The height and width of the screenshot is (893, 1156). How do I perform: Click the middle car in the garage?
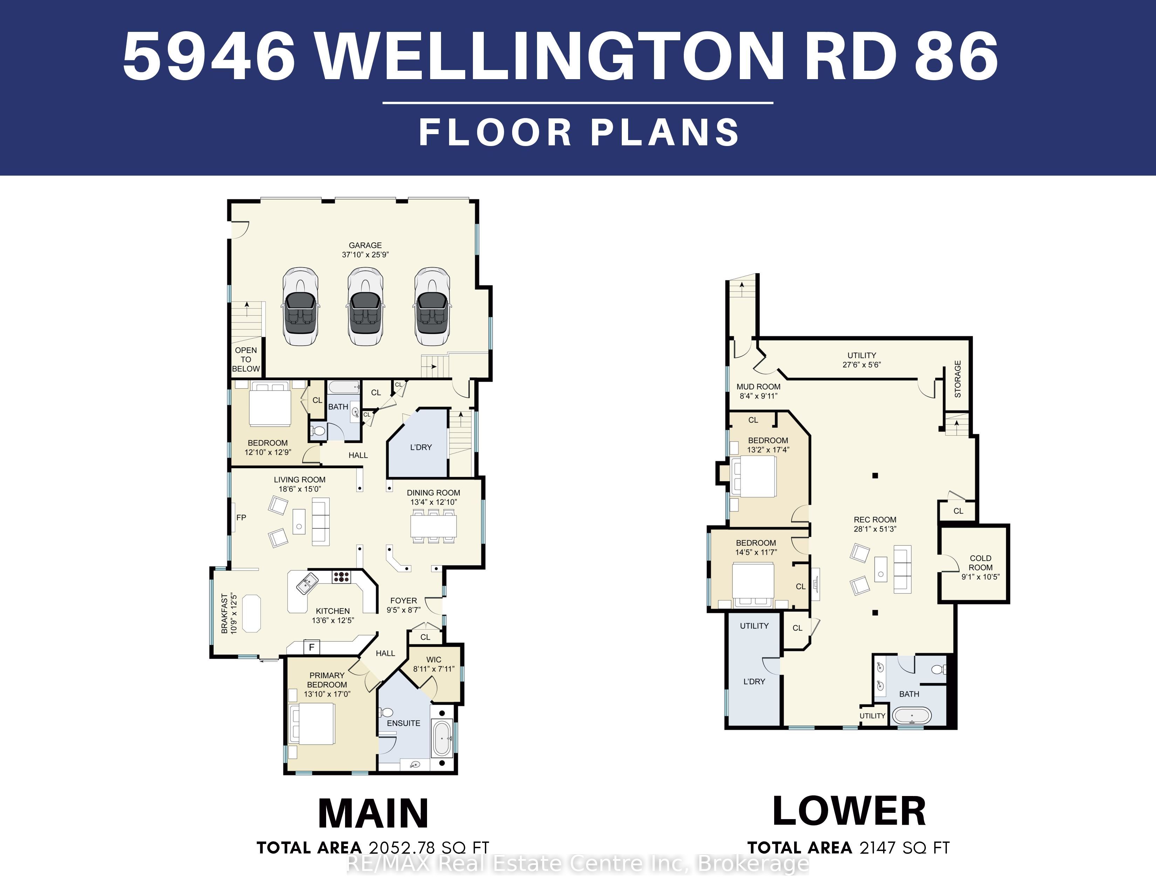click(365, 307)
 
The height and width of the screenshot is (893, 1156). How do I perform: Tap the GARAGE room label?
click(365, 245)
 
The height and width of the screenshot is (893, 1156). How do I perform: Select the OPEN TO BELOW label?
click(246, 359)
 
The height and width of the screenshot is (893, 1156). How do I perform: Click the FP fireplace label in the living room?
click(241, 517)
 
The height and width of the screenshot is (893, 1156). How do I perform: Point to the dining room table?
click(434, 526)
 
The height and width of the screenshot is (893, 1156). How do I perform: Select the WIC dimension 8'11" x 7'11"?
click(434, 669)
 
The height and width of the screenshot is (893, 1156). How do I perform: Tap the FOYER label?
click(403, 601)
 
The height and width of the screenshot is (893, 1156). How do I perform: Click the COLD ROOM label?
click(980, 562)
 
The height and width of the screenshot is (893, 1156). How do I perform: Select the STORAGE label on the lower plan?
click(957, 379)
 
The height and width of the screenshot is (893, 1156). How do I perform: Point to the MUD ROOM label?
click(758, 387)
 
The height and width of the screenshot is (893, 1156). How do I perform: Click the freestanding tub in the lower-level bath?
click(912, 716)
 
